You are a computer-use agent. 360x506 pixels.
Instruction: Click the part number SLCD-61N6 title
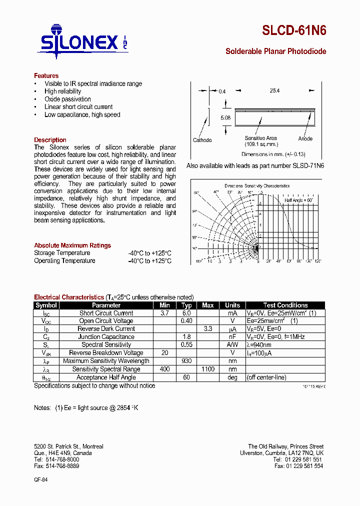[x=294, y=30]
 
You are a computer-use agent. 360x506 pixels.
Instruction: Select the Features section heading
[x=46, y=76]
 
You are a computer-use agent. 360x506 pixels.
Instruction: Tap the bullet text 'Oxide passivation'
[x=67, y=99]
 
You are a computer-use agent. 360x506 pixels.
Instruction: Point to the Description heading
[x=50, y=140]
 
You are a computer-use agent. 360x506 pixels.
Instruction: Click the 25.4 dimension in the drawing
[x=274, y=91]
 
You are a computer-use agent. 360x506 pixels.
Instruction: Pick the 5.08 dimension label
[x=225, y=118]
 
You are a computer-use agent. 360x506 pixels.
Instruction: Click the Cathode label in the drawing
[x=202, y=140]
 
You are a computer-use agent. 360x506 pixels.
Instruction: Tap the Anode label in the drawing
[x=305, y=138]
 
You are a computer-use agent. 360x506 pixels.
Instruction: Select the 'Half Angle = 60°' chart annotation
[x=298, y=200]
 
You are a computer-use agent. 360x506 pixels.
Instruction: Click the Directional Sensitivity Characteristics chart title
[x=257, y=185]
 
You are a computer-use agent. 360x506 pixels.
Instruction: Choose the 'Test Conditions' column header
[x=285, y=305]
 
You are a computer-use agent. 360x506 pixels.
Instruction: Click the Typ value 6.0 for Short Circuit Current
[x=186, y=313]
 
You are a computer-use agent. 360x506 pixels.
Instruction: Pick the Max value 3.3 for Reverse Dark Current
[x=208, y=329]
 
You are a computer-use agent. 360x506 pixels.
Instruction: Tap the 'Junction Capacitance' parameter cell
[x=106, y=337]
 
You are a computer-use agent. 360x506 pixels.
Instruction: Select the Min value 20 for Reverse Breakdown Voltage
[x=164, y=353]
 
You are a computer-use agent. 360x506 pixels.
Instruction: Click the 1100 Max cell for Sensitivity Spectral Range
[x=208, y=369]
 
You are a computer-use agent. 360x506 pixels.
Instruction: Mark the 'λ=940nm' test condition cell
[x=258, y=345]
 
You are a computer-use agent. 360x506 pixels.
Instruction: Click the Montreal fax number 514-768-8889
[x=56, y=466]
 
